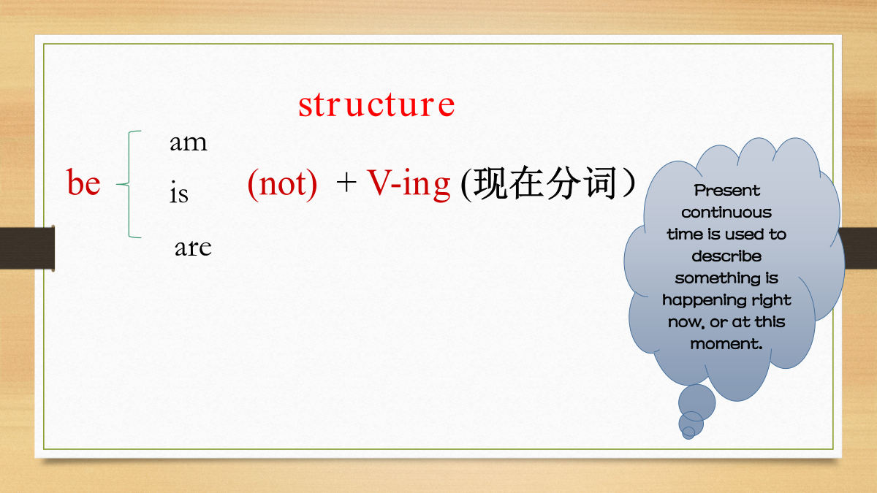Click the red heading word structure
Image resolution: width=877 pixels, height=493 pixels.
376,104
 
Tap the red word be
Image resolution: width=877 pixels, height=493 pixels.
83,182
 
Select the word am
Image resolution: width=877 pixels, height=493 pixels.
189,142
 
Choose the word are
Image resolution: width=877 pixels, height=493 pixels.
193,248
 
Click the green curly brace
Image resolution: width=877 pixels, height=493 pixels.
129,184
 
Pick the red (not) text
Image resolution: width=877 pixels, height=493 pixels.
282,184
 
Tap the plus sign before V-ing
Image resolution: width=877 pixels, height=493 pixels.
346,183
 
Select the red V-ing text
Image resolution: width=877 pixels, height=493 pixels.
409,184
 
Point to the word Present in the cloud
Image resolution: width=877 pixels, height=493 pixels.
726,191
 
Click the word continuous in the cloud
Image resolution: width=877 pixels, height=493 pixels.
726,213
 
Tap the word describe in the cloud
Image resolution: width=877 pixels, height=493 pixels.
726,256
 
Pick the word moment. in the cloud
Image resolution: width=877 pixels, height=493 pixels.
726,344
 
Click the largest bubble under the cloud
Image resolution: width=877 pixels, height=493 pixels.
697,402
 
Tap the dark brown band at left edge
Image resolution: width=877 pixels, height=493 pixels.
27,248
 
